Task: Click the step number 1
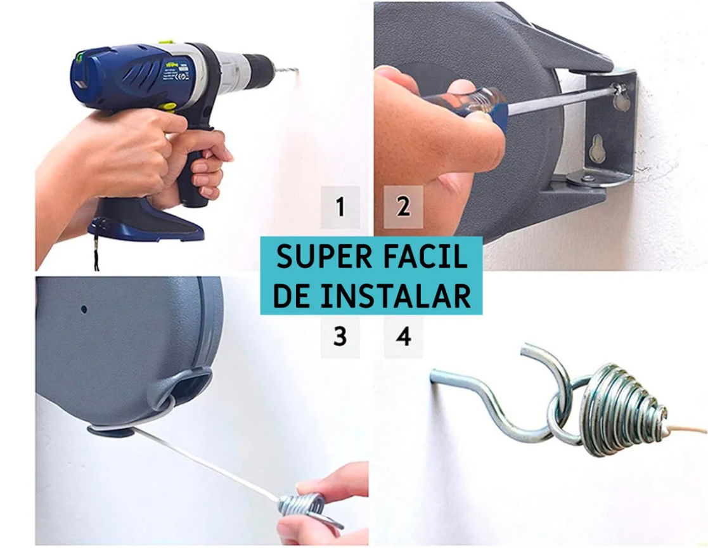click(340, 207)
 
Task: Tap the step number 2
click(403, 207)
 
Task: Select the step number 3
click(340, 337)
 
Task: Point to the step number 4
click(404, 337)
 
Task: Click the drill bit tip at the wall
click(297, 70)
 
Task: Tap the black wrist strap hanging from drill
click(96, 246)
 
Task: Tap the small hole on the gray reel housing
click(84, 309)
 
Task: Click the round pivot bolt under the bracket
click(588, 178)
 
